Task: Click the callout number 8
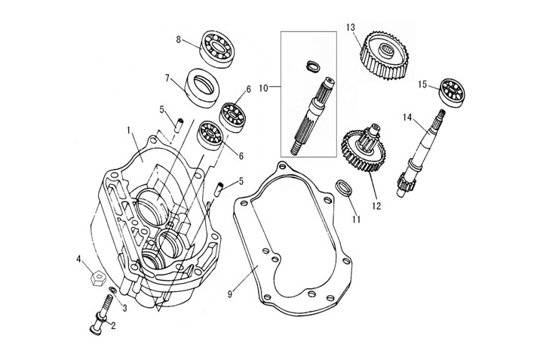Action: [178, 38]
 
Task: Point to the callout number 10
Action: [263, 88]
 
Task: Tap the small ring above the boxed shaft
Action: [309, 66]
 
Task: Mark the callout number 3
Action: [125, 307]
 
